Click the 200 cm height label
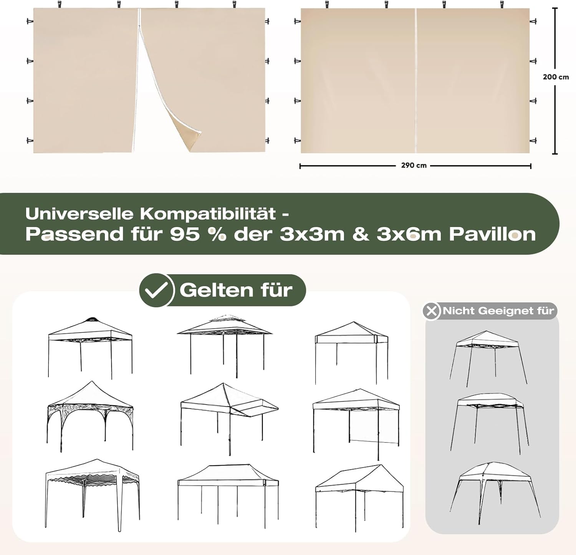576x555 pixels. (556, 77)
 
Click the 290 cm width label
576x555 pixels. (414, 166)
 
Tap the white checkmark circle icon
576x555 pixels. (156, 290)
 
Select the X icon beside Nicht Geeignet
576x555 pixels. (431, 311)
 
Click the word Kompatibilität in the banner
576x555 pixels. (208, 214)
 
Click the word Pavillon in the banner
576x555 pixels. (492, 234)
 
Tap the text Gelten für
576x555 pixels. (236, 290)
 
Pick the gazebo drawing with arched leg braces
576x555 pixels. (90, 416)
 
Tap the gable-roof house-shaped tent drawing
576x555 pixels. (359, 495)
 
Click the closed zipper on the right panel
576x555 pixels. (415, 81)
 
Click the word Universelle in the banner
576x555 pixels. (80, 214)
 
